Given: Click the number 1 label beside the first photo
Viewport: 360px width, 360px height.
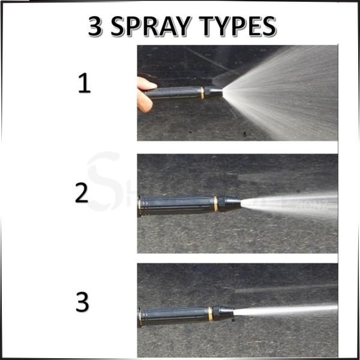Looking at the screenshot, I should (84, 84).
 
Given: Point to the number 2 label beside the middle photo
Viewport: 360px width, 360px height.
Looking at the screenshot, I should (82, 193).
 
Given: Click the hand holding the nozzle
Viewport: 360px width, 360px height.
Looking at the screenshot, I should (146, 93).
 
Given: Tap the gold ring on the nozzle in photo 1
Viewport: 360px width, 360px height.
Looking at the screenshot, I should (202, 92).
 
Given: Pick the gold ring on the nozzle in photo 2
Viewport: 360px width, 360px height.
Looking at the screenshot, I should (216, 203).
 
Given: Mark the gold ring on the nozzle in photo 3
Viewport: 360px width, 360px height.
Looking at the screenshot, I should (210, 313).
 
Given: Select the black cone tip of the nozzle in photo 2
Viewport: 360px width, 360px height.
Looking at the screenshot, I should (231, 203).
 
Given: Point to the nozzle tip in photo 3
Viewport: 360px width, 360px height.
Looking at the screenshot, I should (225, 312).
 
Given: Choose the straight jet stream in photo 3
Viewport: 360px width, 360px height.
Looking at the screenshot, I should (288, 310).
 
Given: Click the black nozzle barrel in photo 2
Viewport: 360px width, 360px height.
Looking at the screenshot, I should (177, 204).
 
